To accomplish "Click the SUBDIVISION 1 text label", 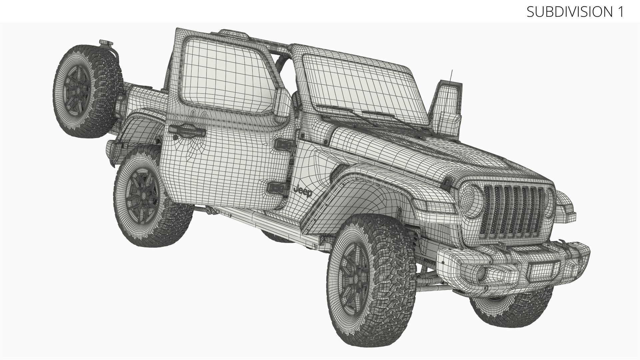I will coord(575,12).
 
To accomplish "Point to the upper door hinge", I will coord(284,145).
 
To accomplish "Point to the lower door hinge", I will coord(276,188).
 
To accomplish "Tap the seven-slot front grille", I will coord(515,212).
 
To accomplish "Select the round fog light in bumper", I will coord(481,273).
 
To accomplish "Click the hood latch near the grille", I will coord(446,182).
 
